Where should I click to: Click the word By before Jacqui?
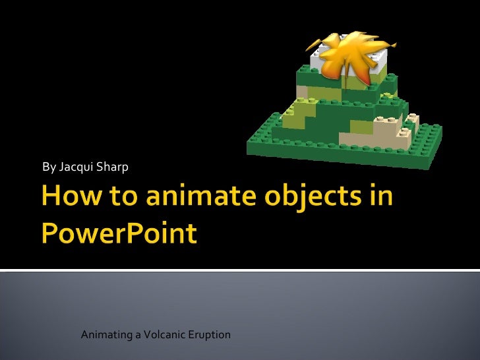pyautogui.click(x=49, y=167)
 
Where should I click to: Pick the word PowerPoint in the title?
pyautogui.click(x=119, y=234)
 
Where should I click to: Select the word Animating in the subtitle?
pyautogui.click(x=105, y=335)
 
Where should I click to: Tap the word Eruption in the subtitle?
pyautogui.click(x=209, y=335)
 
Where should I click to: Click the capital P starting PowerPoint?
pyautogui.click(x=53, y=234)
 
